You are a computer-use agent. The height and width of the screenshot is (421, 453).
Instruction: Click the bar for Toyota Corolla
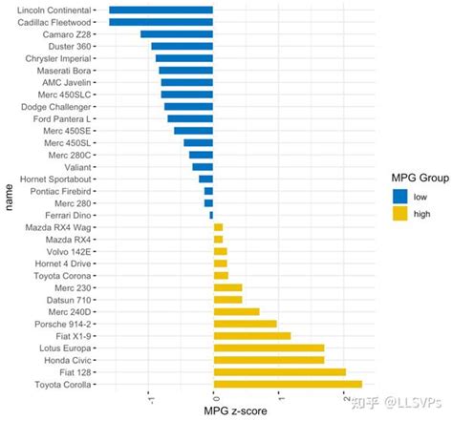[288, 385]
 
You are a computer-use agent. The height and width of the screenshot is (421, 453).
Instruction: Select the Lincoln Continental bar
[161, 10]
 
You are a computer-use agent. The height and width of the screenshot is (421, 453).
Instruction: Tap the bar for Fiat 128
[279, 372]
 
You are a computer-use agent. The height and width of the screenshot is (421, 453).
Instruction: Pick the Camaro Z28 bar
[177, 33]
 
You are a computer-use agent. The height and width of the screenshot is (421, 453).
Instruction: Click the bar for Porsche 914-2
[245, 324]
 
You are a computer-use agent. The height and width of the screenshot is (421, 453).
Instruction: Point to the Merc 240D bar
[236, 311]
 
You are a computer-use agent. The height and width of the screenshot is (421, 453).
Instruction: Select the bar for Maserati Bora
[185, 70]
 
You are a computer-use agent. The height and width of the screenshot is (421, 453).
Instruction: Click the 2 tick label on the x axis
[344, 397]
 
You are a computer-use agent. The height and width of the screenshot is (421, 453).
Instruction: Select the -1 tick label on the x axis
[149, 397]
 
